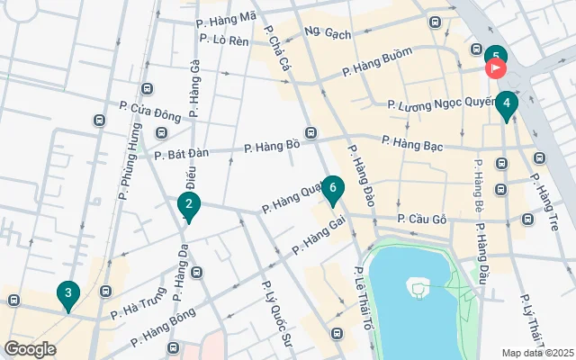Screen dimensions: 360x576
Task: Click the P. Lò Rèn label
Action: click(x=221, y=40)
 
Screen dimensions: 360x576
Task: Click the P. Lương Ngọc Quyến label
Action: click(x=442, y=105)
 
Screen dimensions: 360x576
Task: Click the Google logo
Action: click(x=30, y=349)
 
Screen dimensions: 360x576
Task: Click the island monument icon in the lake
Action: click(x=416, y=289)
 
